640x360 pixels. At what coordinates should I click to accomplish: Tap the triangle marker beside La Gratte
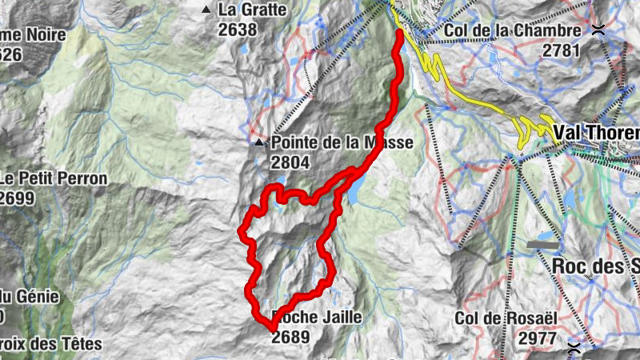(207, 10)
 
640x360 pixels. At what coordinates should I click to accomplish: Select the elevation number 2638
(237, 30)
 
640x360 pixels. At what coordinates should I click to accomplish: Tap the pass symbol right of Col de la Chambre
(598, 30)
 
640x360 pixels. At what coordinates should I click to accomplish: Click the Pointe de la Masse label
(342, 143)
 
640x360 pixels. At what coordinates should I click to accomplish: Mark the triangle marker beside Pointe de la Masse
(259, 144)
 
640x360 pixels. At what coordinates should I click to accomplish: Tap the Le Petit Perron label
(53, 178)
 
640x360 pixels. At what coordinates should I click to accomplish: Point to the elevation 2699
(17, 198)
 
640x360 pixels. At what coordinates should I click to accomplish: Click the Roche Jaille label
(317, 318)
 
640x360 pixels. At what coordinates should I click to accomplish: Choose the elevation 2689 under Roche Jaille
(290, 337)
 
